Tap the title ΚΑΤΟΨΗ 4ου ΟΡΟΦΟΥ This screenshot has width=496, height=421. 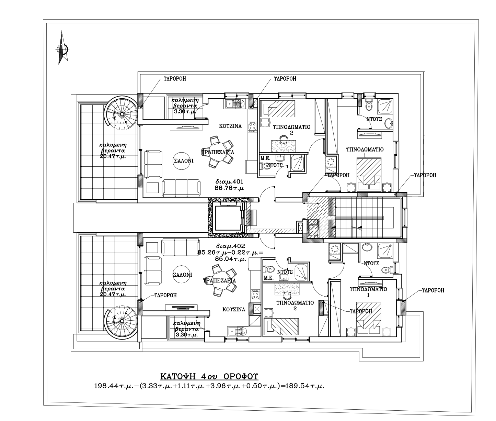tap(209, 376)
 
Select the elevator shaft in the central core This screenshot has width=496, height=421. tap(228, 218)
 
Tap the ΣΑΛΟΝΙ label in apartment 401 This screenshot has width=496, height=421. tap(183, 161)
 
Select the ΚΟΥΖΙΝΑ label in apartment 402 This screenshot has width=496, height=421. tap(234, 310)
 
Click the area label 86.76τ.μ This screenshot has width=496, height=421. tap(229, 188)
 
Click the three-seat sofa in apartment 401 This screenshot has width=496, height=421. tap(181, 188)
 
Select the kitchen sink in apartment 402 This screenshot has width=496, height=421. tap(237, 332)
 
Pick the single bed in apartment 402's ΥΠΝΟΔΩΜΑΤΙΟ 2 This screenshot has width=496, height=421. tap(281, 326)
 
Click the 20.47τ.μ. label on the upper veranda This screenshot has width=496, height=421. tap(113, 156)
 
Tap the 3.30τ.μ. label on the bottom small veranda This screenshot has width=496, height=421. tap(187, 334)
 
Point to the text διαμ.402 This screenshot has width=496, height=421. tap(230, 246)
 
